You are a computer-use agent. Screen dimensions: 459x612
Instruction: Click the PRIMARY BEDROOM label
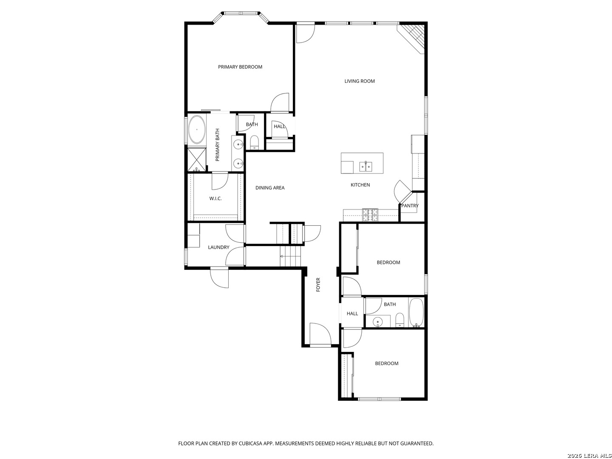click(240, 67)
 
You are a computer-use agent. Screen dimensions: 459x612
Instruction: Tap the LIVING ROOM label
click(360, 81)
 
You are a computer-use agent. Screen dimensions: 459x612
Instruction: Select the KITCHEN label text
click(360, 185)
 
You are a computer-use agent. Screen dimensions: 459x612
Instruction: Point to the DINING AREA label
click(270, 188)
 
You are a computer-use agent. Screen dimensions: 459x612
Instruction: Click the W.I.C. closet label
click(215, 198)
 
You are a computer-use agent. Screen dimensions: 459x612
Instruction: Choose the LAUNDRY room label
click(218, 247)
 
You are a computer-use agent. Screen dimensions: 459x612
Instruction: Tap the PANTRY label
click(410, 206)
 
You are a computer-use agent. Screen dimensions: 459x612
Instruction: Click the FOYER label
click(318, 284)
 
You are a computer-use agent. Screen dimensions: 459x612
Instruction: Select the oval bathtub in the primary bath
click(196, 130)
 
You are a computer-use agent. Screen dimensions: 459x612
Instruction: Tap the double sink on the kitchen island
click(365, 166)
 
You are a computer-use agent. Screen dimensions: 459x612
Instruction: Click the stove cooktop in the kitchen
click(370, 215)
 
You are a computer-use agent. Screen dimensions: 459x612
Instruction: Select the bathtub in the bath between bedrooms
click(416, 313)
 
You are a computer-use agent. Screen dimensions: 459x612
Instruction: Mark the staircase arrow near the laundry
click(281, 256)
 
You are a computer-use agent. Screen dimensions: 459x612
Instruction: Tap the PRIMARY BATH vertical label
click(218, 145)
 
